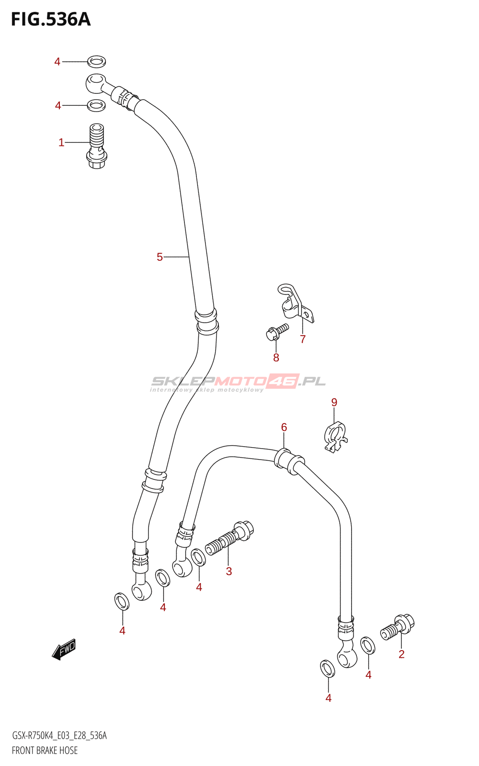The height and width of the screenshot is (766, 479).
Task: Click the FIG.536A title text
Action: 51,20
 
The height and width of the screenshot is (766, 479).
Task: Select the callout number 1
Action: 61,143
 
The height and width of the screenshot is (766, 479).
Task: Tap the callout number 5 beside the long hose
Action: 160,257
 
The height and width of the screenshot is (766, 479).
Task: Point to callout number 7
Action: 303,339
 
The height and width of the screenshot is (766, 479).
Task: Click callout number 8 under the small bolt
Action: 276,358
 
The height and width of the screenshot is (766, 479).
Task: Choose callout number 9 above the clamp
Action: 334,403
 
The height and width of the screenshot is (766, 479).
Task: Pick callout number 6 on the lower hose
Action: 284,427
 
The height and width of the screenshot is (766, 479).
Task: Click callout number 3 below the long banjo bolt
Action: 229,571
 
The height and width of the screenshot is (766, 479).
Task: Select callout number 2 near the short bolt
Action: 401,654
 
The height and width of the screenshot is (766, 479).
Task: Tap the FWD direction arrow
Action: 64,649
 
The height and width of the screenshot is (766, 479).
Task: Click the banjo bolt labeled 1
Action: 97,146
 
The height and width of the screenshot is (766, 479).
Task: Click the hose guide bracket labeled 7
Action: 296,304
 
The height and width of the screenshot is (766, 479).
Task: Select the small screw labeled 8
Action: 277,331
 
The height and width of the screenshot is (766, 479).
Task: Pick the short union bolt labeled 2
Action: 398,627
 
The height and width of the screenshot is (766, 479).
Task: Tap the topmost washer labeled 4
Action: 96,61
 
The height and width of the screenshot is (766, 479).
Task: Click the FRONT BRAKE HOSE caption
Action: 45,750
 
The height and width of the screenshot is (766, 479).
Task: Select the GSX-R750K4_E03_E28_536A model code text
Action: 59,735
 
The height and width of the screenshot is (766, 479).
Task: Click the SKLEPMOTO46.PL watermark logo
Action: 238,382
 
